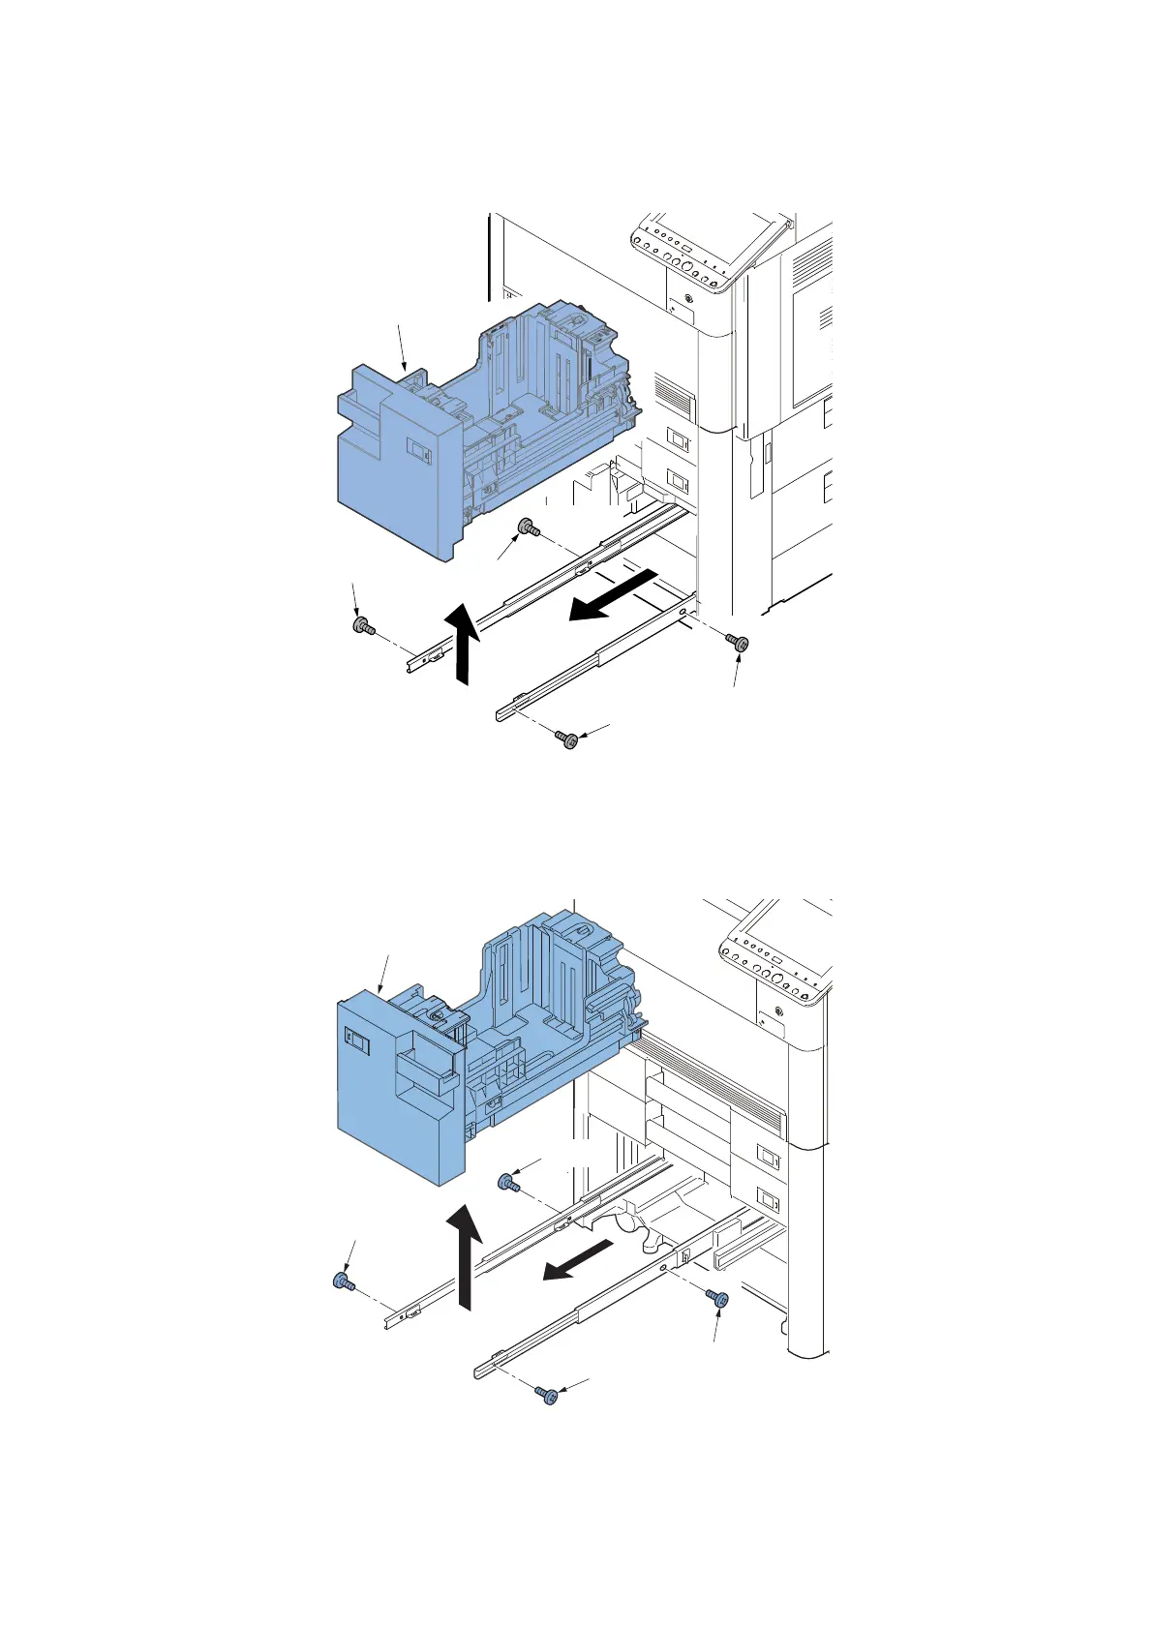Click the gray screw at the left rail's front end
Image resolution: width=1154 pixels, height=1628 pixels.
364,626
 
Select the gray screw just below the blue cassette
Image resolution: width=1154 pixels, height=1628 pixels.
529,528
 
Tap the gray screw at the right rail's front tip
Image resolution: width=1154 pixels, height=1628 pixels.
568,740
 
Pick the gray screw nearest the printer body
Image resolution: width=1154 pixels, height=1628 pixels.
740,643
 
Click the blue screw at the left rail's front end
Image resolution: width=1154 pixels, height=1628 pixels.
342,1282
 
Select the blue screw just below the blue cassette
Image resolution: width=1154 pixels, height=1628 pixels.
507,1182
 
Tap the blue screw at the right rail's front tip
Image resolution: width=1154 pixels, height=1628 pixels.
548,1395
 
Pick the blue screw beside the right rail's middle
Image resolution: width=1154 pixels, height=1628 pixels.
718,1298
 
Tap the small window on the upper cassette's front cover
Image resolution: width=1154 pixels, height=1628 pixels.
418,446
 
